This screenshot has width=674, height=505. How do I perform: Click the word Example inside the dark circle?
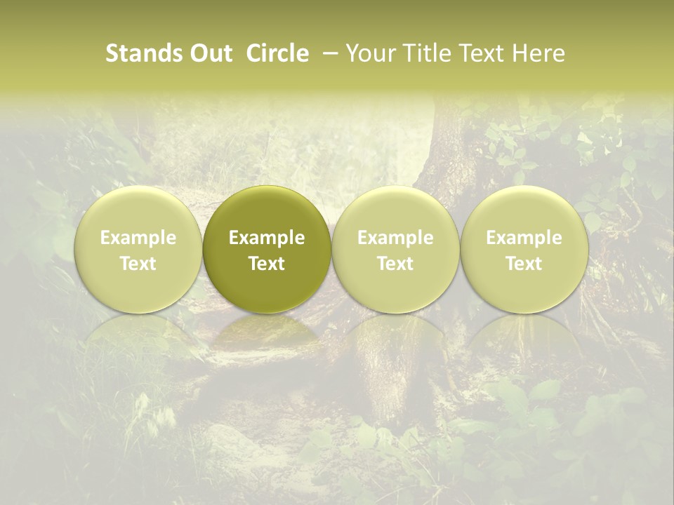tap(267, 238)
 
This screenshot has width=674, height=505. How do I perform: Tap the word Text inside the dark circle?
tap(267, 264)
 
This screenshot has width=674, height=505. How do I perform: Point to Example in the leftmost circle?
tap(138, 238)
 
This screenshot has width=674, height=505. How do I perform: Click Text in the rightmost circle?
tap(524, 264)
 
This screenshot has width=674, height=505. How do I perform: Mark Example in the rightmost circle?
tap(524, 238)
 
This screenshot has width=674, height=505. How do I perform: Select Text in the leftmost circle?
tap(138, 264)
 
